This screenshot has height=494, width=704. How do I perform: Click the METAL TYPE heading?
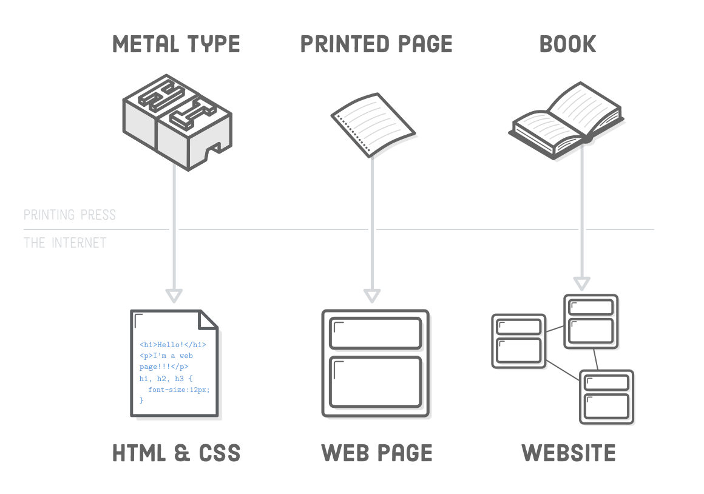click(176, 44)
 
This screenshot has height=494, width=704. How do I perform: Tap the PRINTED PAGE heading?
click(376, 44)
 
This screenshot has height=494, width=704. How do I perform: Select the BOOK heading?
click(568, 44)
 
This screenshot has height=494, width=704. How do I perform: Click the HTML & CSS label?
click(177, 453)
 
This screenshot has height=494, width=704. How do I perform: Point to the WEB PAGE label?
click(376, 453)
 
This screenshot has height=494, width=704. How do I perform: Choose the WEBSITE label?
click(569, 453)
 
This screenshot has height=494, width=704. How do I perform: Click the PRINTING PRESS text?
click(69, 215)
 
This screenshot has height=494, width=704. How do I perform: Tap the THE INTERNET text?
click(65, 243)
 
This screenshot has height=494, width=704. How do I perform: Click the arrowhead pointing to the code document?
click(174, 296)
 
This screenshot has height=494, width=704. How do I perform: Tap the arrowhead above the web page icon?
click(372, 296)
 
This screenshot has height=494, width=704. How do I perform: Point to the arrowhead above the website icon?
click(582, 283)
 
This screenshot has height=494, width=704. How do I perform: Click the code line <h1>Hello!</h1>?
click(173, 345)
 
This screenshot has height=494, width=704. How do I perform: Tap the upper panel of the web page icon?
click(375, 333)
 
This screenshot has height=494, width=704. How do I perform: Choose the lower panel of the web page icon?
click(375, 382)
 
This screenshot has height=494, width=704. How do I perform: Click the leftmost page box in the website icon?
click(519, 341)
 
